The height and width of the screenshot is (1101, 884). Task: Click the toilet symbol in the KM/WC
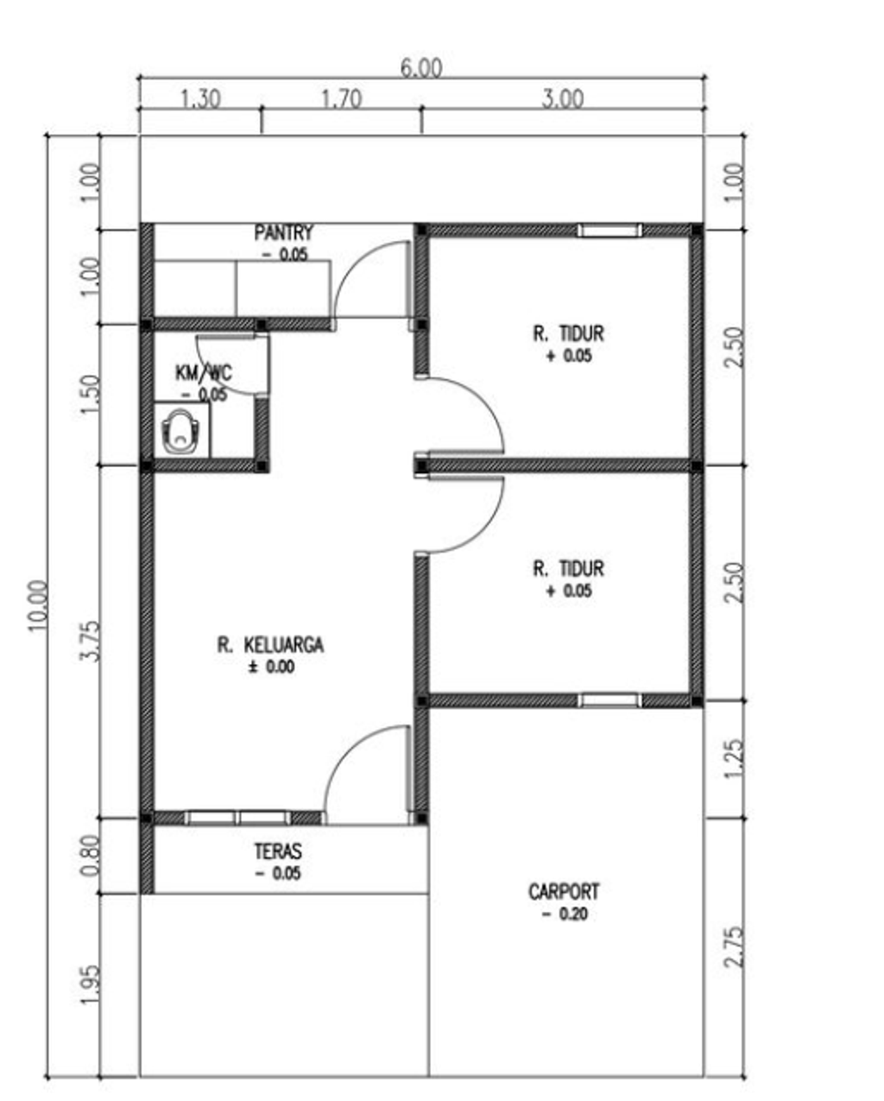180,431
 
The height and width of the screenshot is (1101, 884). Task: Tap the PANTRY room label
283,233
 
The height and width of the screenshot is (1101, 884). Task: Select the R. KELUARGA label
270,645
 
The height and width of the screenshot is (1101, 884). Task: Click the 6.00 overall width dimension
421,68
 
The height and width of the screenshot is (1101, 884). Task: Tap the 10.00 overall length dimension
38,606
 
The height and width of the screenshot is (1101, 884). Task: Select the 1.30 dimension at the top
200,98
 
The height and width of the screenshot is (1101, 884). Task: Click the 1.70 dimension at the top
341,98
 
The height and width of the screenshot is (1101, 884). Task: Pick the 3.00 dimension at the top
562,98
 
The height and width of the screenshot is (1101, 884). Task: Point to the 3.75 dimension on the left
91,641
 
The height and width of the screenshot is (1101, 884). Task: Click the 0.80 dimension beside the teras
91,855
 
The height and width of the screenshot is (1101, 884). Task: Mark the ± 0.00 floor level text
271,668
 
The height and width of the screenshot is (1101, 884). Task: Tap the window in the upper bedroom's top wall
609,231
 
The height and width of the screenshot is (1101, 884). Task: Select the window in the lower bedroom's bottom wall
609,700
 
